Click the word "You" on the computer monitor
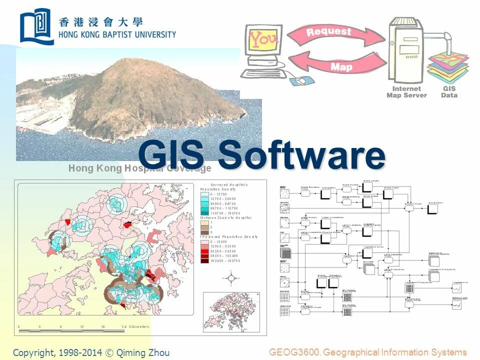pos(263,38)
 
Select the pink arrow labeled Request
pos(335,34)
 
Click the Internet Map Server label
pos(406,92)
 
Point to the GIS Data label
pos(449,92)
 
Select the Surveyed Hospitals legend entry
pos(229,184)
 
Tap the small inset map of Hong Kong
pos(231,312)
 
